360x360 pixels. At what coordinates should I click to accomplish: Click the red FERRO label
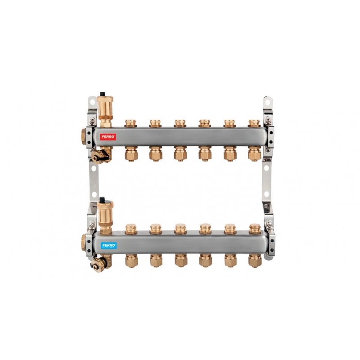108,137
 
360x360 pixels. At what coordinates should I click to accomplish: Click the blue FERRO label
108,245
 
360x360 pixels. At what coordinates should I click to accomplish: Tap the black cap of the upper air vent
103,94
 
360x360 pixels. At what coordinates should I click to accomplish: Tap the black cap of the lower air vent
102,199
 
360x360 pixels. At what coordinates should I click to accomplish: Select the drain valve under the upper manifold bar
100,156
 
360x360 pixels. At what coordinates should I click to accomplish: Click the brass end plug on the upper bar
83,137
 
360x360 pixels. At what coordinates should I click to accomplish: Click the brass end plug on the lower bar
83,243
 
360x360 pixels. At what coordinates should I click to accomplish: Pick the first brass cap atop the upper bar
130,123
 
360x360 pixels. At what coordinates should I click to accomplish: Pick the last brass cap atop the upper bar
254,123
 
